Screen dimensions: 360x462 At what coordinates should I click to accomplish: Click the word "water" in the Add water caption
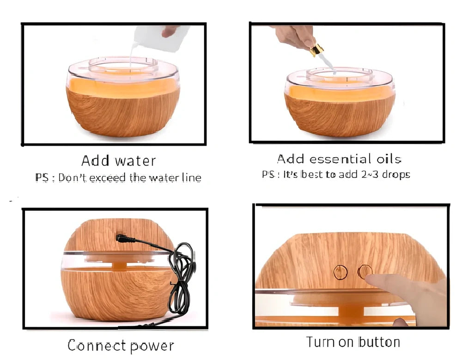pyautogui.click(x=135, y=161)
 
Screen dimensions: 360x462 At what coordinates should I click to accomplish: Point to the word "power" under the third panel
pyautogui.click(x=152, y=346)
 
